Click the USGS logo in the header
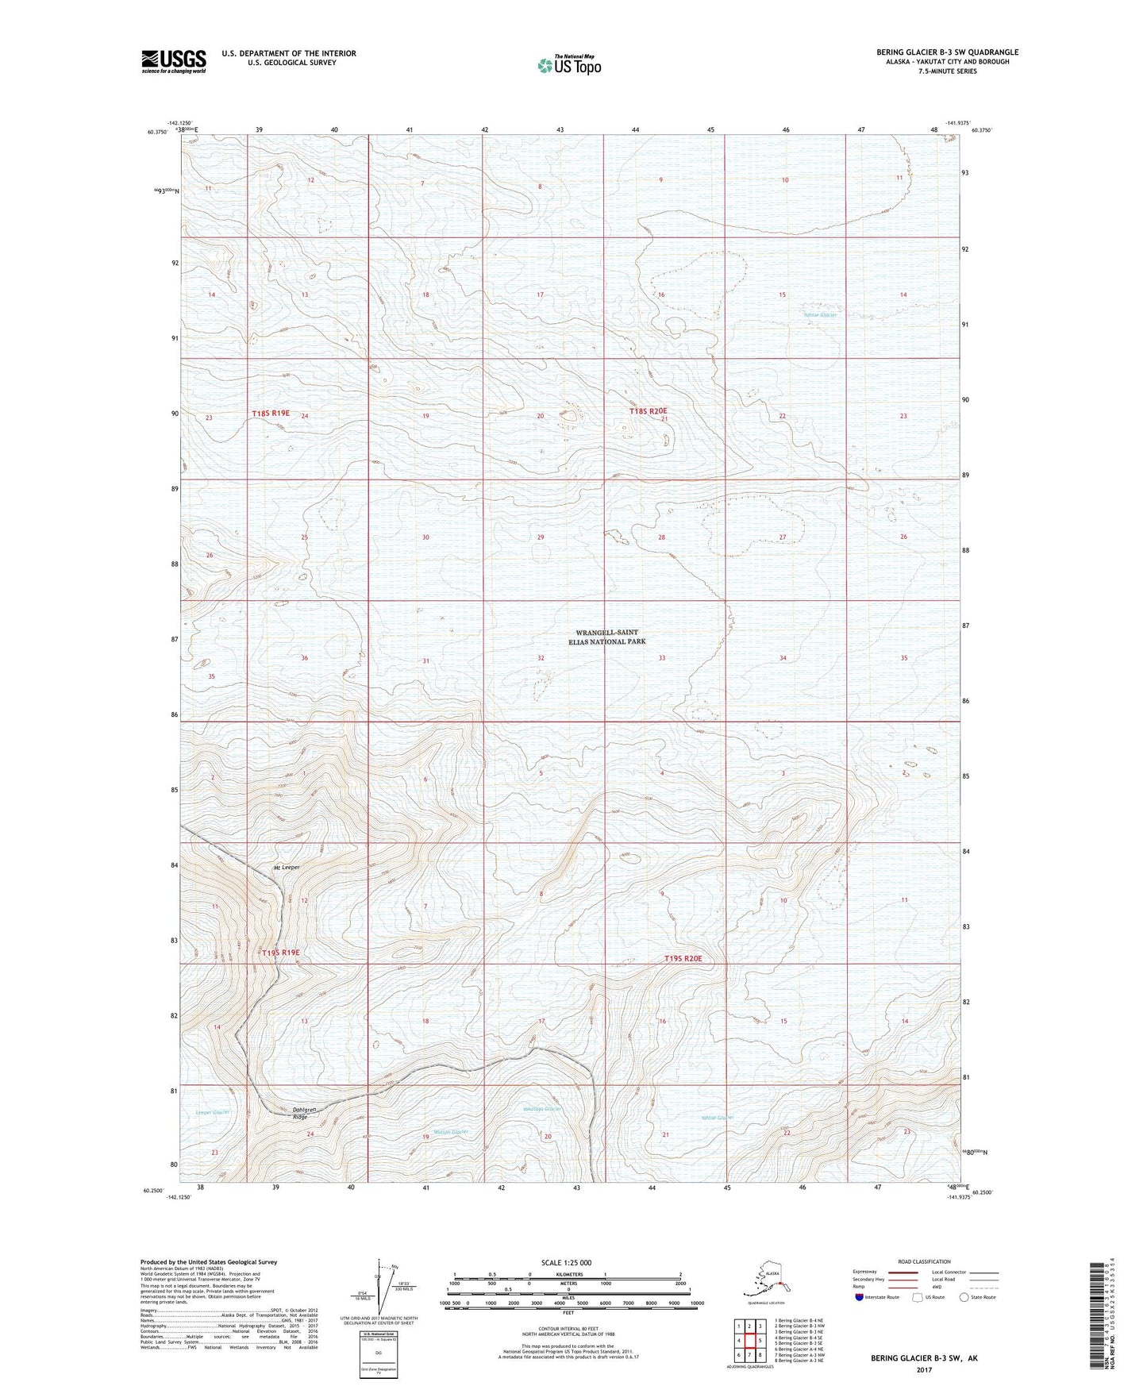[x=173, y=61]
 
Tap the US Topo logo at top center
[x=568, y=64]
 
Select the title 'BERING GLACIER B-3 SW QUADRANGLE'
[x=947, y=52]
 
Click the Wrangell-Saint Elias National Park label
[x=607, y=637]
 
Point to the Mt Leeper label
[x=287, y=868]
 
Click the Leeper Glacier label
[x=212, y=1112]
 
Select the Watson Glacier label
[x=451, y=1131]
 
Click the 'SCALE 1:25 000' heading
[x=567, y=1262]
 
